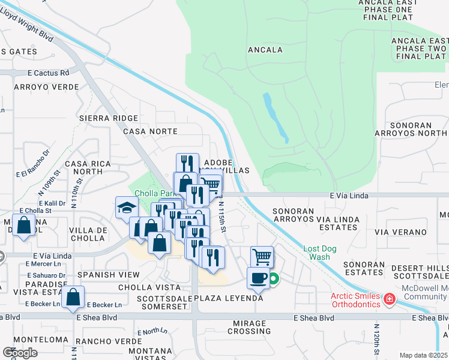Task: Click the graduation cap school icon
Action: (127, 208)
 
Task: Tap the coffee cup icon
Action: (258, 278)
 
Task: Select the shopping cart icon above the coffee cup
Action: (262, 257)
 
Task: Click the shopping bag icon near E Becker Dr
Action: (73, 296)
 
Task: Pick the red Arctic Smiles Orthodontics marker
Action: (390, 298)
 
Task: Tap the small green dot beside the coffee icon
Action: (274, 278)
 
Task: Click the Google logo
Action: (20, 353)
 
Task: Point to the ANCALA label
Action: (264, 50)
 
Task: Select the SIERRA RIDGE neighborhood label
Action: (109, 118)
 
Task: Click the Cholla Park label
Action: (154, 193)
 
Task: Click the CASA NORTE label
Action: (150, 131)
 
